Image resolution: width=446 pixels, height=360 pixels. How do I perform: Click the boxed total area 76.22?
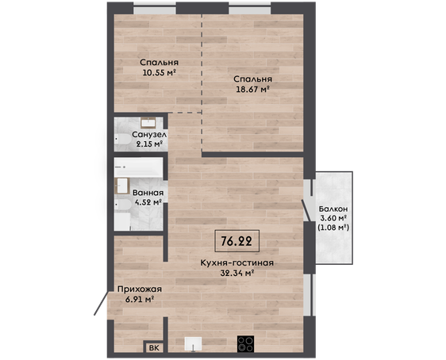pos(237,241)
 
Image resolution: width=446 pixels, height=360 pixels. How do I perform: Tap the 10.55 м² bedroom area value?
pos(159,72)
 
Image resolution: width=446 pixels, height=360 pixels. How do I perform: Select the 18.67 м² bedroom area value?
pos(252,90)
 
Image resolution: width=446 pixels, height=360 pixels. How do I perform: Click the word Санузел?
pos(149,134)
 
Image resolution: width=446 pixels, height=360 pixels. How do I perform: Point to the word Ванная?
pos(148,193)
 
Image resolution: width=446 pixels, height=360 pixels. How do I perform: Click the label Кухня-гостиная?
pos(237,262)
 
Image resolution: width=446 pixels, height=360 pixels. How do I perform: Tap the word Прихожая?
pos(140,289)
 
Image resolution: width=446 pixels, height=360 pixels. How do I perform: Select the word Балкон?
pos(333,209)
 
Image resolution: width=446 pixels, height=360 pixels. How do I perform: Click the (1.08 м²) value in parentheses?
pos(333,228)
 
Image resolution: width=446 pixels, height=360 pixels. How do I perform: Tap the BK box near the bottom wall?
pos(154,347)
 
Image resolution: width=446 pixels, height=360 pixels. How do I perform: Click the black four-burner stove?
pos(245,344)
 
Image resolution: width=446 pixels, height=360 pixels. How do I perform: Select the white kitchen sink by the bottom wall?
pos(193,344)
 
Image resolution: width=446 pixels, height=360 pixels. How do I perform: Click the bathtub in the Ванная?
pos(138,167)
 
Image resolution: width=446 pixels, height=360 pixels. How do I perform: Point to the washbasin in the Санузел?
pos(148,123)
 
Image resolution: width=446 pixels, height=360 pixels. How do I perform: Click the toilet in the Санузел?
pos(122,139)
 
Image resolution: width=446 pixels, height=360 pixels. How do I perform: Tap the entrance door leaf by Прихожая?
pos(101,303)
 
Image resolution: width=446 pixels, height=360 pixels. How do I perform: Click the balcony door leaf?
pos(306,211)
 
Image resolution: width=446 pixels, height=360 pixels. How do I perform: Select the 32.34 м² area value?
pos(237,273)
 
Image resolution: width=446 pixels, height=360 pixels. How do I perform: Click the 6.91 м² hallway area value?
pos(140,299)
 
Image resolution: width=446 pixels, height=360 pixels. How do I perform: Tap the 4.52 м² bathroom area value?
pos(148,202)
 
